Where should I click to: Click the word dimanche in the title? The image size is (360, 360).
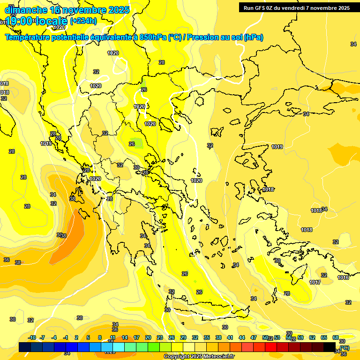coord(24,9)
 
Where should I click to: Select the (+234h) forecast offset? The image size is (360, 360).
coord(83,21)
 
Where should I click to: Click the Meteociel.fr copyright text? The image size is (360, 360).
coord(217,356)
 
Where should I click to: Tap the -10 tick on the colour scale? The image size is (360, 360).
coord(31,337)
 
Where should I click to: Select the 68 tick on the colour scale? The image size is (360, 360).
coord(336,337)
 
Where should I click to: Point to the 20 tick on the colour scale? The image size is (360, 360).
coord(148,337)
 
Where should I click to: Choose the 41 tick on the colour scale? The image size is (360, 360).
coord(230,337)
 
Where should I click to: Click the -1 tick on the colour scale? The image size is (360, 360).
coord(65,337)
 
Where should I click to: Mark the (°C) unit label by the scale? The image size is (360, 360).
coord(345,348)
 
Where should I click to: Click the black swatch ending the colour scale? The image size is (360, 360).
coord(330,347)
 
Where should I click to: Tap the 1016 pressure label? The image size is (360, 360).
coord(343,277)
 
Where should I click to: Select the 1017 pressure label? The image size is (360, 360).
coord(315,282)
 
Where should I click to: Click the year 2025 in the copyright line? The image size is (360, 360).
coord(196,356)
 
